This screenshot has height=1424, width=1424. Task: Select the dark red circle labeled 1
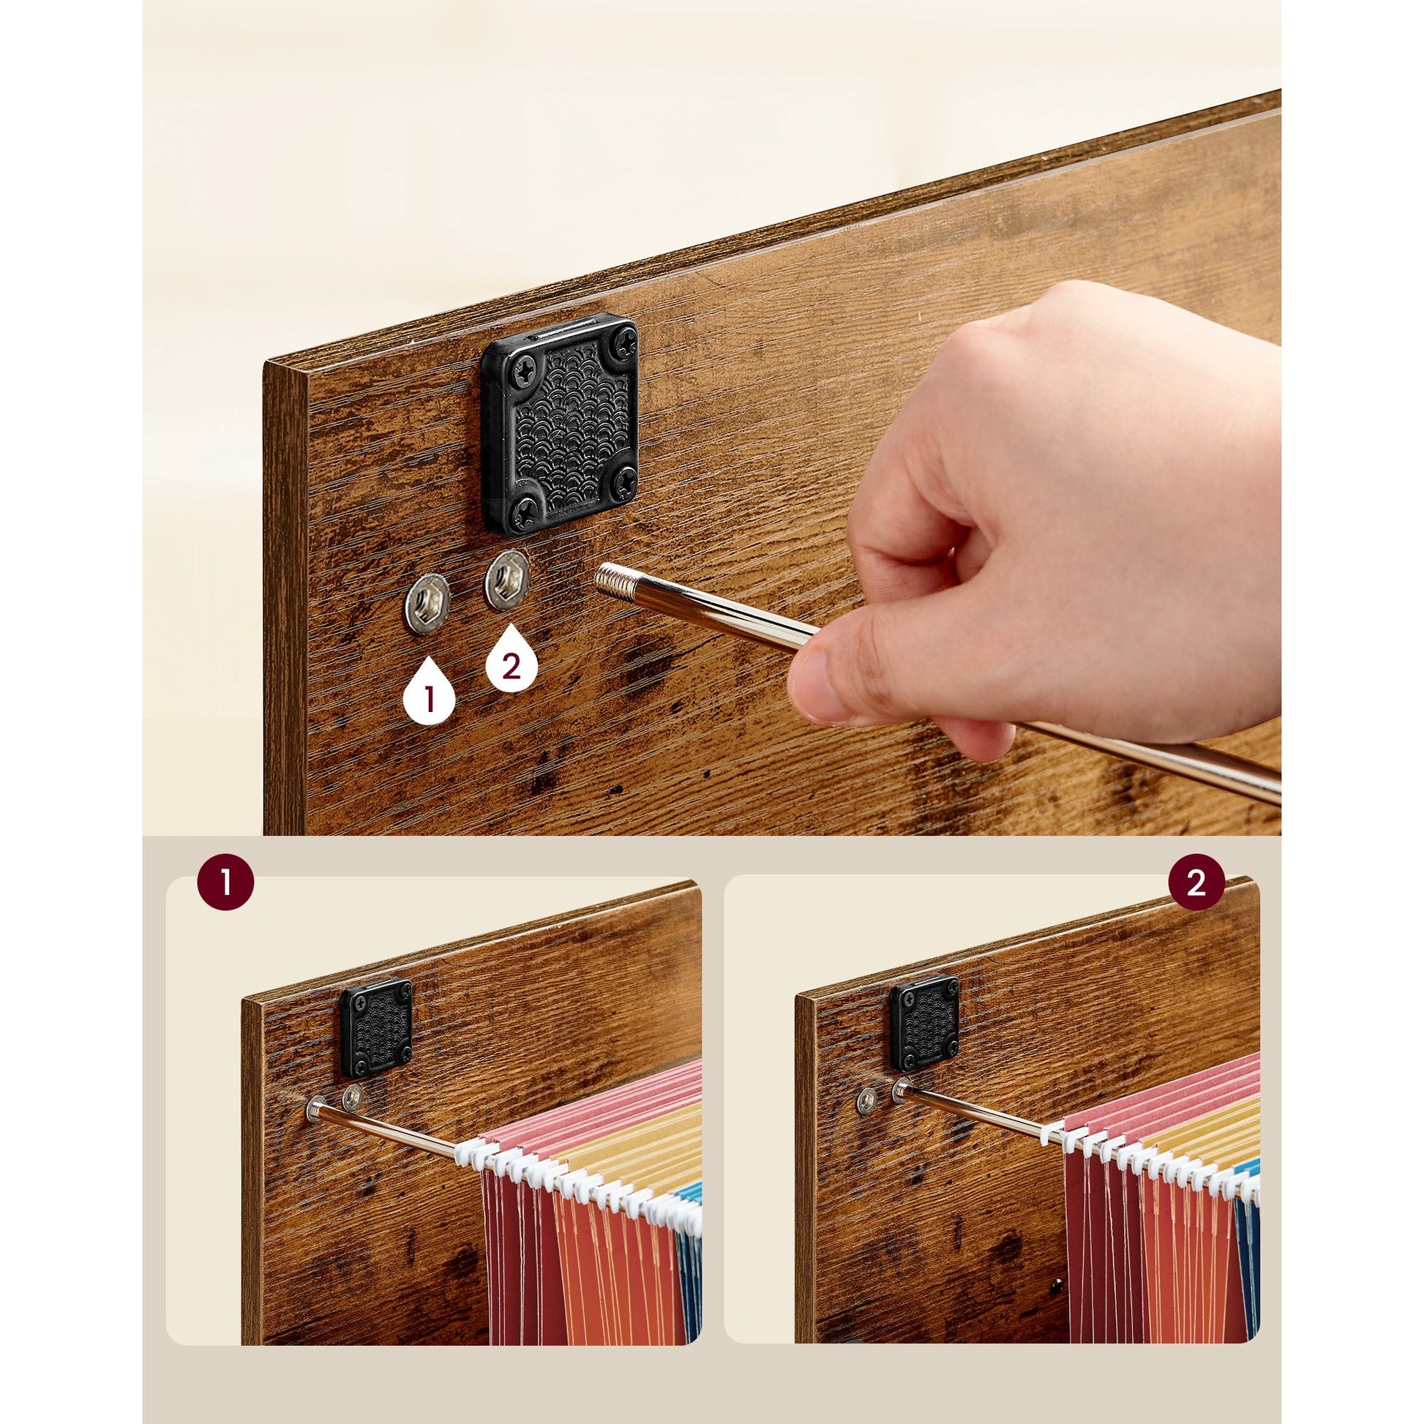point(225,882)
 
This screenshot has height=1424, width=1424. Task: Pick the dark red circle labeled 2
point(1196,882)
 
